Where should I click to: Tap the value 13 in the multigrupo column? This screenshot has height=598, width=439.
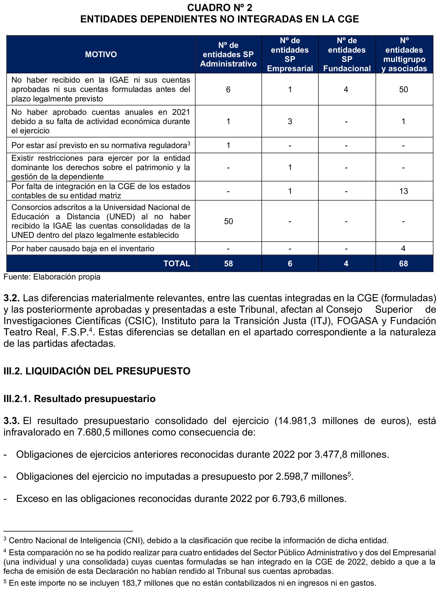[x=403, y=191]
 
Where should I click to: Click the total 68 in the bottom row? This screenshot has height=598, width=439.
[x=403, y=263]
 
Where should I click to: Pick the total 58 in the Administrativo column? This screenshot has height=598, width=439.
[x=228, y=263]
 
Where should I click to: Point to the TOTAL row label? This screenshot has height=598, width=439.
[x=177, y=263]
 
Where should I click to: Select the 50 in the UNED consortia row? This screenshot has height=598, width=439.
[x=228, y=221]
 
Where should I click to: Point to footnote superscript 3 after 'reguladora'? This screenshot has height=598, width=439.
[x=189, y=144]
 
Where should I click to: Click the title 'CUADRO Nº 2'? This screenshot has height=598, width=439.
[x=219, y=8]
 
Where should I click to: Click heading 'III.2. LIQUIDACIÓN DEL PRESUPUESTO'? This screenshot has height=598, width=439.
[x=97, y=371]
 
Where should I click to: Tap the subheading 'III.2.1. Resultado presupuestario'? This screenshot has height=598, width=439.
[x=80, y=399]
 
